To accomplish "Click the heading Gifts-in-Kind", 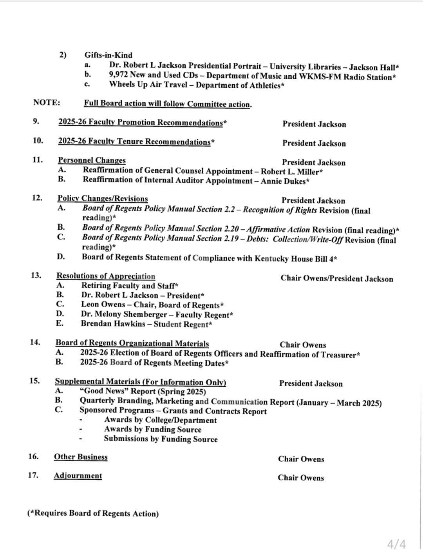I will [x=108, y=55].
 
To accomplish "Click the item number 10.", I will [x=38, y=140].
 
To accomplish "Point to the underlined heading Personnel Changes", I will [x=92, y=160].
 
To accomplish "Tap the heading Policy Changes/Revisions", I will [x=103, y=199].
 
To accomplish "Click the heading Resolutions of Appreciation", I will [x=106, y=276].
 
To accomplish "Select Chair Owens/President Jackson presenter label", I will [x=336, y=279].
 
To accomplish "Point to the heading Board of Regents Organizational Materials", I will [x=132, y=344].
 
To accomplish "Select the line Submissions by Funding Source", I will [x=161, y=439].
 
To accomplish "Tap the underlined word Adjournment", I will [x=78, y=476].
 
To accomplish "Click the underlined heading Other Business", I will [x=81, y=457].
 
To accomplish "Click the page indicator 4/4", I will [x=396, y=544].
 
